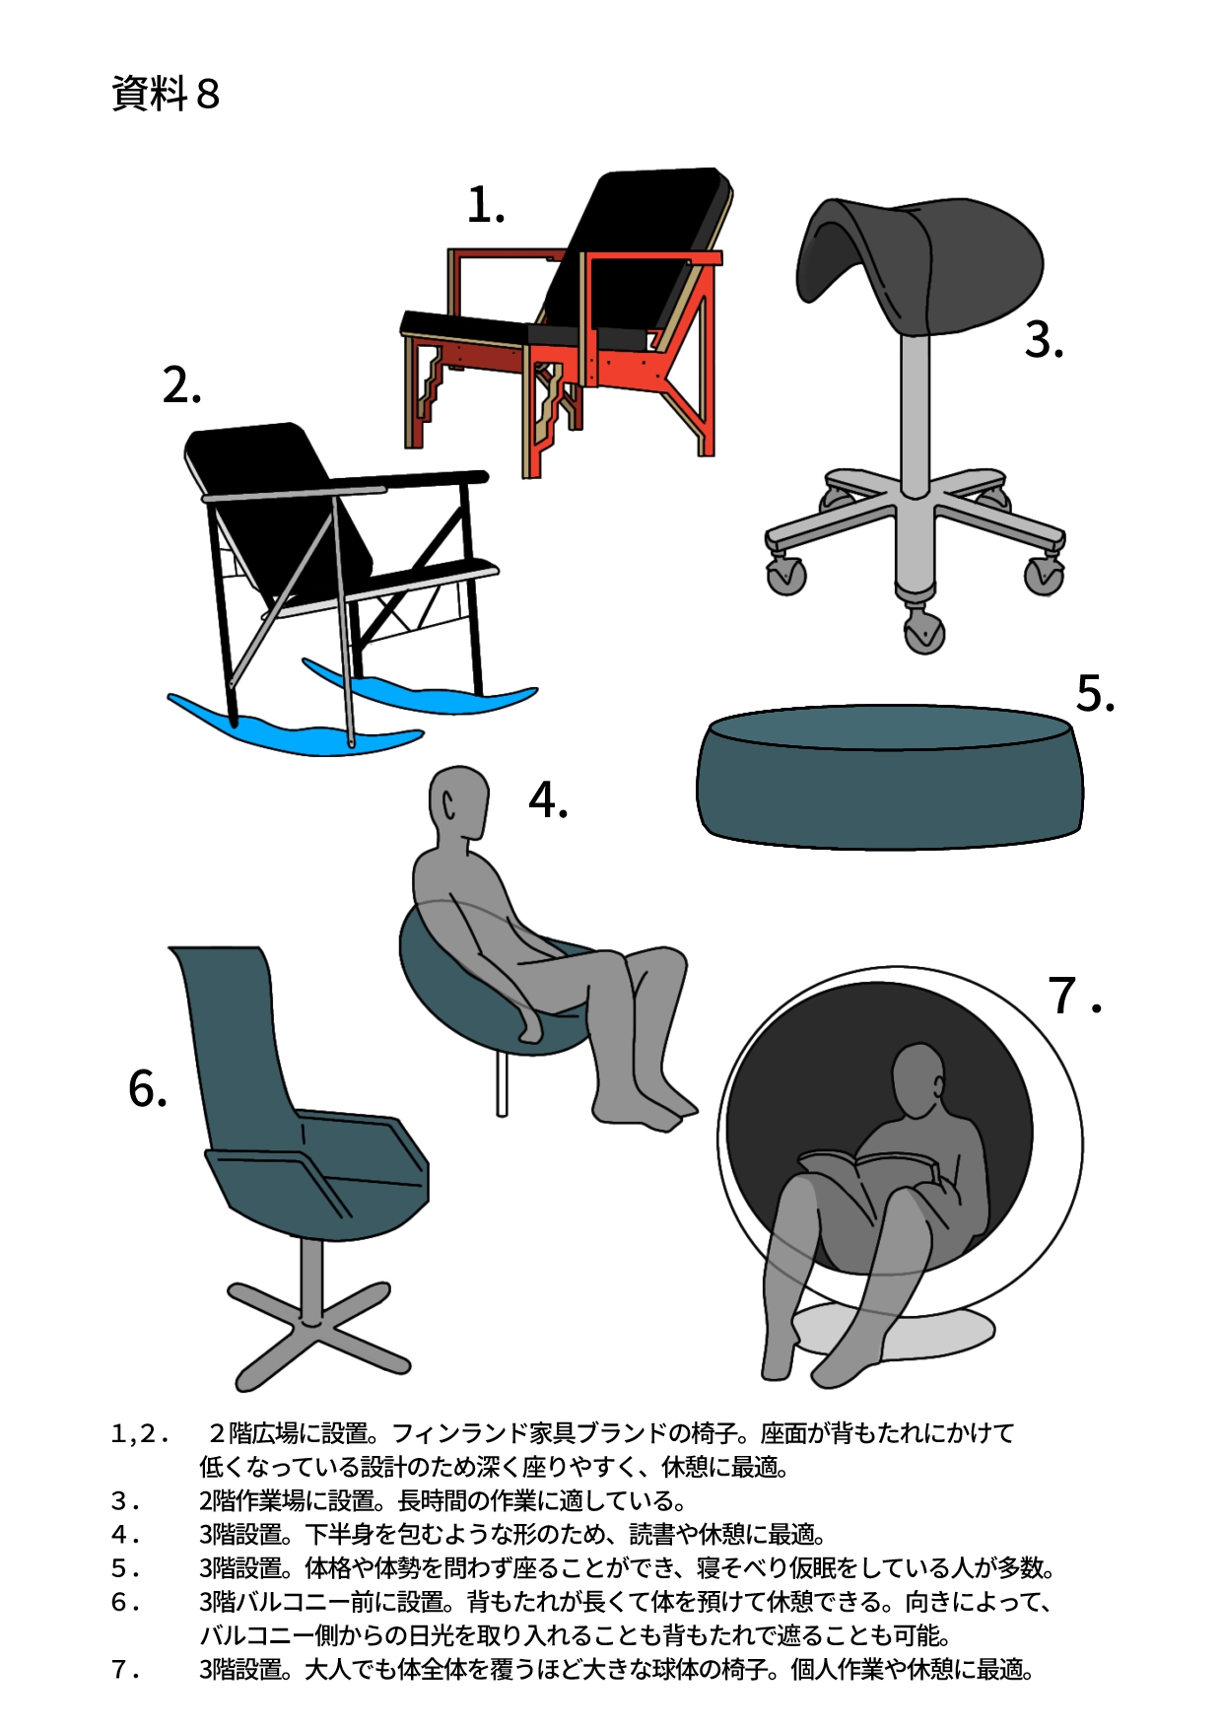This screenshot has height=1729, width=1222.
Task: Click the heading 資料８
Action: pyautogui.click(x=165, y=94)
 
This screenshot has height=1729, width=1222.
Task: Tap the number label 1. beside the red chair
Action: pyautogui.click(x=486, y=206)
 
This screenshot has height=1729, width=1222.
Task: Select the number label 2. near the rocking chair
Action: pyautogui.click(x=182, y=385)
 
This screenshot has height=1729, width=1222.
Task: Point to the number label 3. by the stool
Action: pyautogui.click(x=1044, y=340)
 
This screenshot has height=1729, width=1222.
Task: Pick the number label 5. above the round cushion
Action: pyautogui.click(x=1095, y=693)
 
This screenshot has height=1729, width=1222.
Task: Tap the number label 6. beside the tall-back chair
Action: pyautogui.click(x=148, y=1089)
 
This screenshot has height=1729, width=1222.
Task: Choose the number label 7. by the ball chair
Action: pyautogui.click(x=1074, y=996)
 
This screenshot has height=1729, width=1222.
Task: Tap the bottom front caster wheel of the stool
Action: pyautogui.click(x=923, y=630)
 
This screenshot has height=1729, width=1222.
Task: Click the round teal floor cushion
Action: pyautogui.click(x=889, y=777)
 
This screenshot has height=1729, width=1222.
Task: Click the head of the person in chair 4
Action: pyautogui.click(x=459, y=803)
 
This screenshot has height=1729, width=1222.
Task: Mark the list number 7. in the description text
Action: pyautogui.click(x=126, y=1670)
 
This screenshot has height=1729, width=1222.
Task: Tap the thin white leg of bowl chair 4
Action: pyautogui.click(x=502, y=1083)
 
